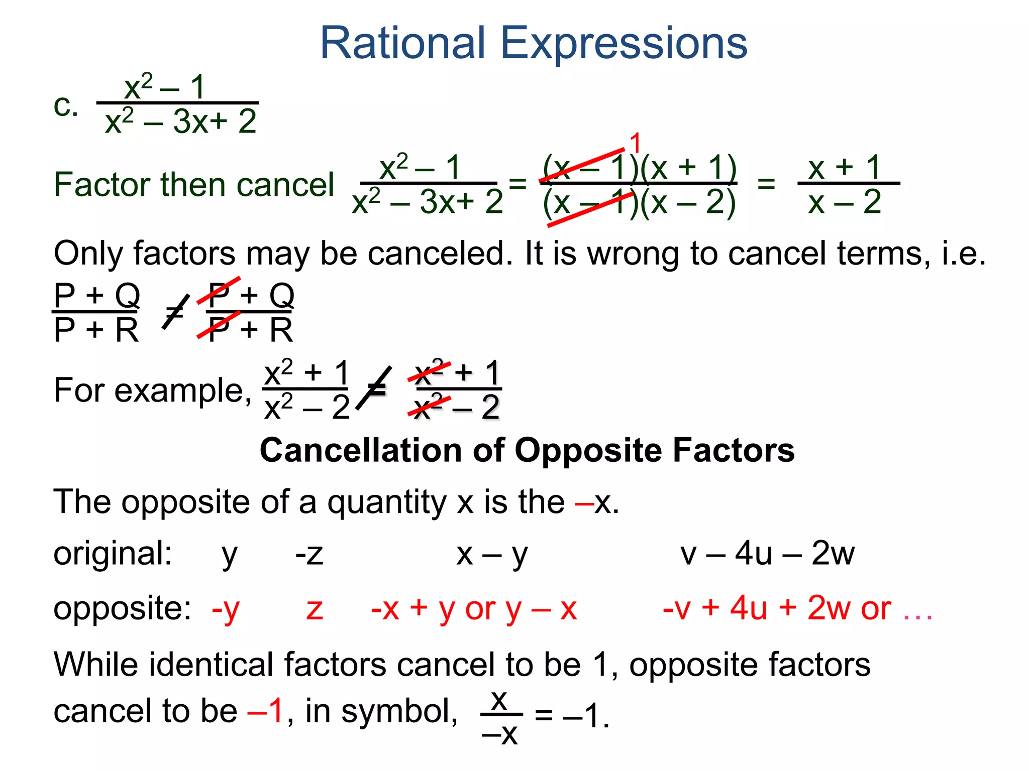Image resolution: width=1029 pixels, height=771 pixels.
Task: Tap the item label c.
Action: pos(66,106)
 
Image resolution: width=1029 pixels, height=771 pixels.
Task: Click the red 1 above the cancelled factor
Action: pos(636,143)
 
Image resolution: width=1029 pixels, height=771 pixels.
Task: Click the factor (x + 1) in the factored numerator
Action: pos(688,168)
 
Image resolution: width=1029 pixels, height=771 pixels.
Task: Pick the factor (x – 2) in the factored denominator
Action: pos(688,203)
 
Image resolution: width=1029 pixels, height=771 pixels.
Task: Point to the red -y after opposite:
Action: pos(226,609)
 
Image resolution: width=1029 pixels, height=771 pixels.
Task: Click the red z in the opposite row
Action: pos(315,609)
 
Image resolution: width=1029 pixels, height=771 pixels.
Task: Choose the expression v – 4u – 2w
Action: pos(767,554)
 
